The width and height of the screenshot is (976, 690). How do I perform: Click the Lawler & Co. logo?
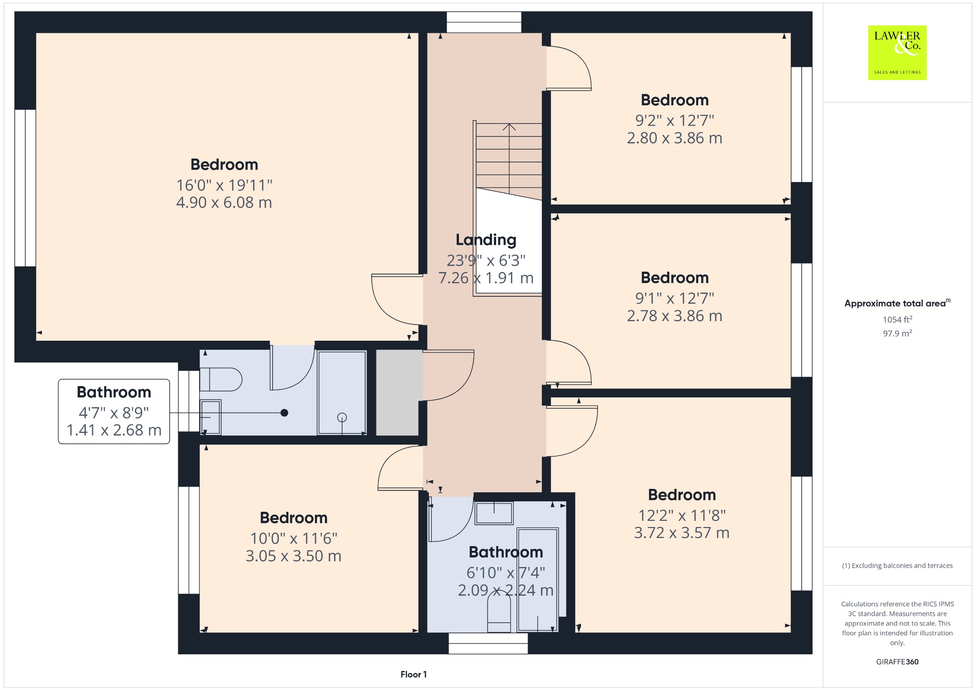(897, 52)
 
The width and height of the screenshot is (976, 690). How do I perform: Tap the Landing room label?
(486, 240)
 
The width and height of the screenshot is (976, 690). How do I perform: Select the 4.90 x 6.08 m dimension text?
(224, 203)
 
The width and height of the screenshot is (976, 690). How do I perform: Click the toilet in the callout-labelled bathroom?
(221, 379)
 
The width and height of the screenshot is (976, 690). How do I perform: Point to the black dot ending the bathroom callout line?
(284, 413)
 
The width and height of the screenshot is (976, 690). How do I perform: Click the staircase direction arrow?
(509, 160)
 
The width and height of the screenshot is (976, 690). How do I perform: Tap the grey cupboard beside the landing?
(397, 393)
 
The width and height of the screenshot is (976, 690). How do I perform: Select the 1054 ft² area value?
(897, 319)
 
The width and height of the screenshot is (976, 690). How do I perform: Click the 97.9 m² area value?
(897, 333)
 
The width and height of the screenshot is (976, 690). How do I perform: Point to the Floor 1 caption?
(414, 674)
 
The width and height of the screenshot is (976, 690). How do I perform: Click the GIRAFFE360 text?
(897, 661)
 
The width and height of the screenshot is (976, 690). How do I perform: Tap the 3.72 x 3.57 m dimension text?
(681, 533)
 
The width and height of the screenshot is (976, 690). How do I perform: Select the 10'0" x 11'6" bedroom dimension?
(294, 538)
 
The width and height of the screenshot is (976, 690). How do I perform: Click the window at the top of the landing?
(484, 22)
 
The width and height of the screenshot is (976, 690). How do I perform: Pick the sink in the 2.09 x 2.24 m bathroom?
(494, 513)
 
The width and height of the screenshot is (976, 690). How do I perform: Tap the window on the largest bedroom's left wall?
(25, 188)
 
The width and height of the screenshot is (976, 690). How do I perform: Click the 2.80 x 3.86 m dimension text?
(674, 138)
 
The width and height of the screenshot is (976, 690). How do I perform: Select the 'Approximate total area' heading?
(895, 304)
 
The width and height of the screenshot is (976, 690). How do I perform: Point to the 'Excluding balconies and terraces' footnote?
(897, 566)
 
